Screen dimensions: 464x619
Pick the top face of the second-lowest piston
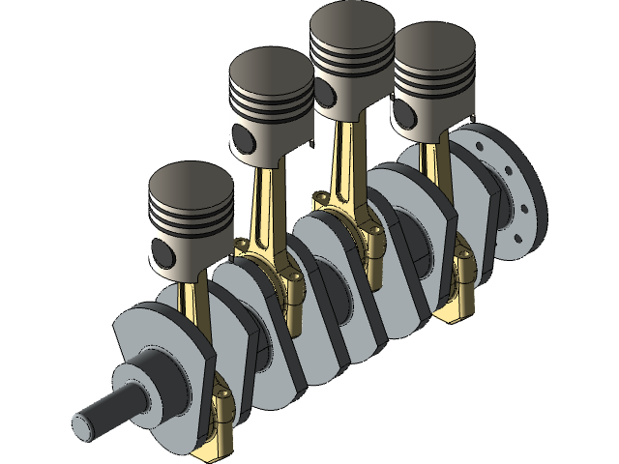(271, 73)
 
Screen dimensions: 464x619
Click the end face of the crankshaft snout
(81, 422)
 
